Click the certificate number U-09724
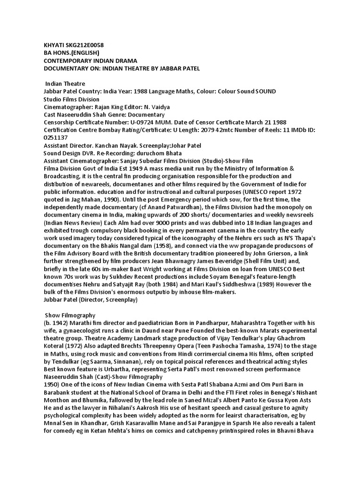point(143,122)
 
